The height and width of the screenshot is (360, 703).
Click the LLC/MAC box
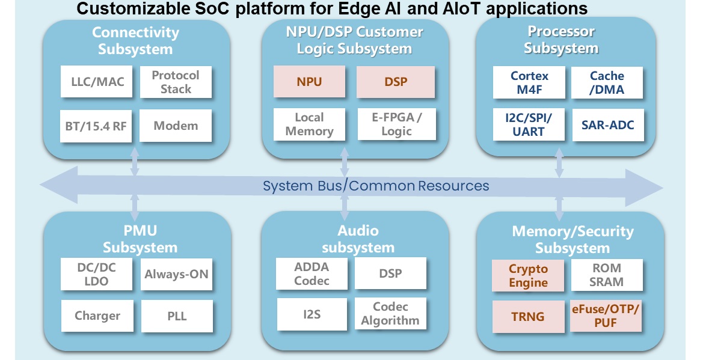click(96, 82)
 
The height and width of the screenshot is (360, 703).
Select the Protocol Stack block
click(176, 82)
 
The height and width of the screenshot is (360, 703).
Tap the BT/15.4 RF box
click(96, 126)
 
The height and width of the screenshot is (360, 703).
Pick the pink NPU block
click(309, 82)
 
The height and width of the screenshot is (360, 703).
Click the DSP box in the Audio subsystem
click(390, 273)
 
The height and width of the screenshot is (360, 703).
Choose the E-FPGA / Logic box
click(397, 124)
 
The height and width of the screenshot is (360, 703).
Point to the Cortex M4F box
click(529, 82)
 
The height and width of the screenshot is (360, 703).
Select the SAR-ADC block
click(608, 125)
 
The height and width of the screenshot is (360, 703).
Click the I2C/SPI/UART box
click(529, 124)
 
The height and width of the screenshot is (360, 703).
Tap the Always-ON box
click(176, 275)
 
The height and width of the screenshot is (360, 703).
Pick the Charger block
click(97, 316)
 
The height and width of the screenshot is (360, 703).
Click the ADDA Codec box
click(312, 273)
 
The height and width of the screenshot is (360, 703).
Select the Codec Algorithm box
click(390, 313)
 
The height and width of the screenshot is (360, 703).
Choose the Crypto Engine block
click(528, 276)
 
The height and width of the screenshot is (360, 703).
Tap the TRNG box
click(528, 317)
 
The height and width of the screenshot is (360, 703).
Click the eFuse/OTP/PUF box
click(606, 316)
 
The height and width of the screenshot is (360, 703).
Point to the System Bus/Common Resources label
click(376, 186)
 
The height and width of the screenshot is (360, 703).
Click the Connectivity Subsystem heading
click(135, 40)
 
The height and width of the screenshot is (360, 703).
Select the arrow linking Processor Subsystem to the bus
click(559, 163)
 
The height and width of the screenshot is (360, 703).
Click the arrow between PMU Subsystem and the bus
click(135, 208)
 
